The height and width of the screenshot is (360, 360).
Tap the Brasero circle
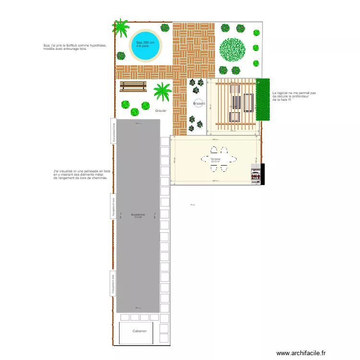coord(199,104)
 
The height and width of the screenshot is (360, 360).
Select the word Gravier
coord(161,110)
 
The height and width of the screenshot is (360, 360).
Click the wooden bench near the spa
coord(133,86)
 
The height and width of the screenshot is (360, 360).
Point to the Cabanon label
coord(140,331)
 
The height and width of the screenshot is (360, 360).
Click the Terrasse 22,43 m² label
coord(215,160)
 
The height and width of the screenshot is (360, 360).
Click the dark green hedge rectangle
coord(263,99)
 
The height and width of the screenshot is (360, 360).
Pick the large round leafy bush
coord(232,49)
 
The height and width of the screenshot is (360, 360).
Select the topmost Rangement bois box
coord(114,131)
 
